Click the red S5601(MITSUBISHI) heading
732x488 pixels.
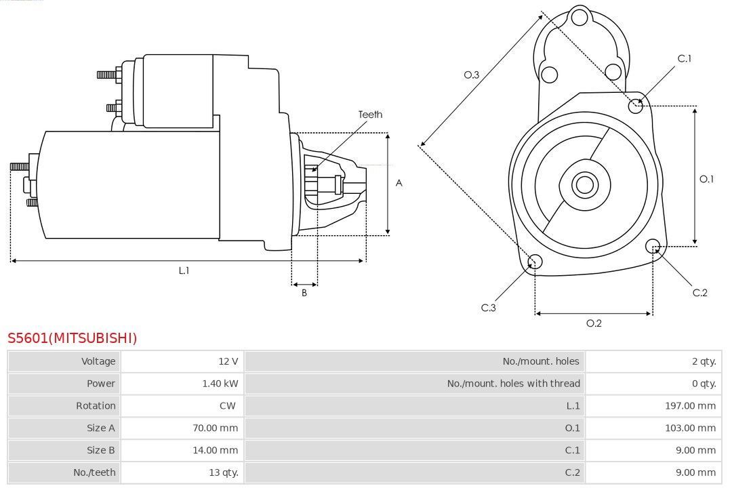(x=73, y=338)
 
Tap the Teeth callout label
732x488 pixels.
(x=370, y=115)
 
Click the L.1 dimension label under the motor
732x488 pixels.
(x=184, y=270)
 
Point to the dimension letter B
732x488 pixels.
(x=304, y=293)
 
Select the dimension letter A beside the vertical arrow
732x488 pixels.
(x=399, y=183)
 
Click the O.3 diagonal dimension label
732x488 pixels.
(x=472, y=75)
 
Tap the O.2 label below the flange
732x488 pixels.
(x=594, y=323)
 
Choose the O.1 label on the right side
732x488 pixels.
(x=706, y=179)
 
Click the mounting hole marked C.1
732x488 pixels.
(x=636, y=105)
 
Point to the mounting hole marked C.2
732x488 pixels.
(x=653, y=245)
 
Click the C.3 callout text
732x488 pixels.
(x=489, y=308)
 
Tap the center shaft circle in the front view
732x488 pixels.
(x=584, y=184)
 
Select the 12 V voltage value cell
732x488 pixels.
(x=229, y=361)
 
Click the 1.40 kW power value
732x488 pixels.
(x=220, y=384)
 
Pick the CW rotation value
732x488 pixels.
(x=228, y=406)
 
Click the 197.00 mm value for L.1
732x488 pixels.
(x=690, y=406)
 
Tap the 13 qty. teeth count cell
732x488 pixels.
(x=224, y=472)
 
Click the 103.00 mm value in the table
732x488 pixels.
(x=690, y=428)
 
